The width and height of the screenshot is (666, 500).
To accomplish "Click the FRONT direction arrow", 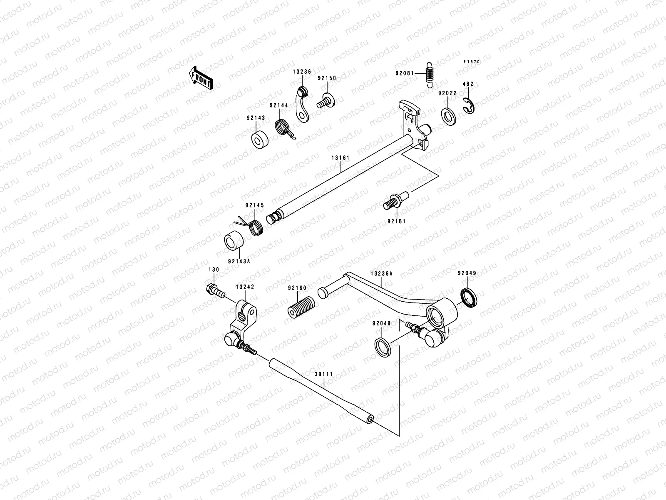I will click(x=201, y=78).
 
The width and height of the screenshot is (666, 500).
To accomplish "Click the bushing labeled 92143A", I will click(x=234, y=244).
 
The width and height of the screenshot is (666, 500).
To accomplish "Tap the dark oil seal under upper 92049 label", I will click(x=469, y=297).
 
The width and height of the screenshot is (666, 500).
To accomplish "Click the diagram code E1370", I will click(x=472, y=62).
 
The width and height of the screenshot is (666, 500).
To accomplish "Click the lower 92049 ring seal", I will click(x=383, y=347).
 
